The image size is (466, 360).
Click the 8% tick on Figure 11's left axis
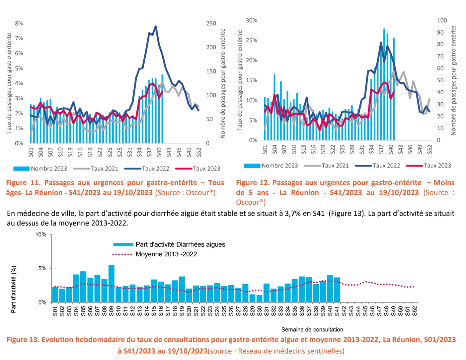[x=19, y=24]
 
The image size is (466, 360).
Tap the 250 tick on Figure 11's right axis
[x=211, y=24]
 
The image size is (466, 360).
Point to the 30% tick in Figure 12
[x=251, y=21]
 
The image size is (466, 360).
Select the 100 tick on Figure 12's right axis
[x=442, y=21]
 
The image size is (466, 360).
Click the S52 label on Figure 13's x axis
[x=415, y=311]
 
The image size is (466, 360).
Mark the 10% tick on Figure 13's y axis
[x=41, y=235]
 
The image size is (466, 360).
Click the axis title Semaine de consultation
[x=312, y=330]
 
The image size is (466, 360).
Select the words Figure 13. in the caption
[x=23, y=340]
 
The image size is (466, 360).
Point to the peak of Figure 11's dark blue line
[x=156, y=26]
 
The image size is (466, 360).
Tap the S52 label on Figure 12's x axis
[x=430, y=149]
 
